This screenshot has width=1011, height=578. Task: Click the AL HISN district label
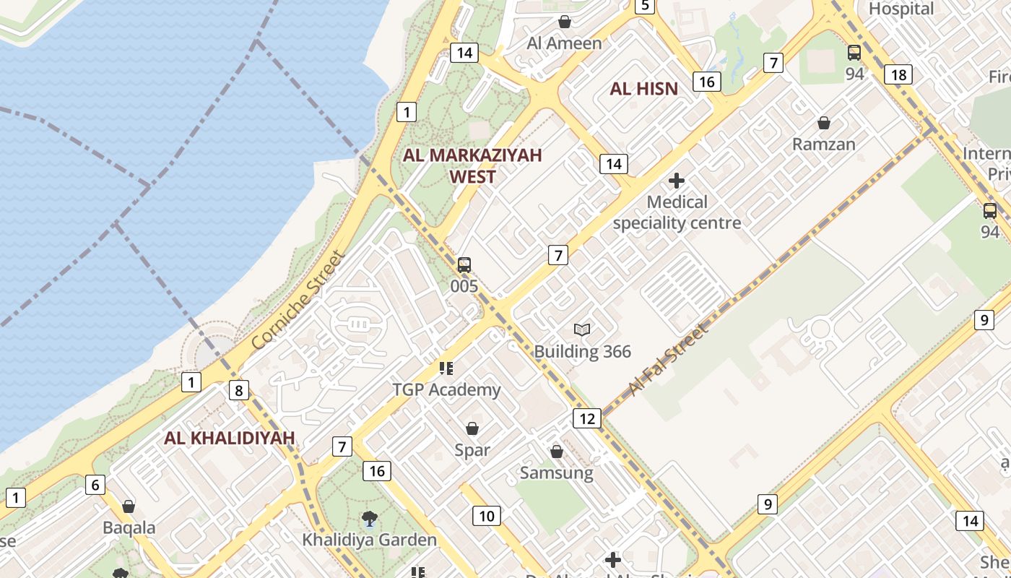coord(643,89)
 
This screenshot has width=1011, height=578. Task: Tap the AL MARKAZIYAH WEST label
coord(472,165)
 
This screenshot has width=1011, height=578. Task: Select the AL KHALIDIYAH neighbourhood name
coord(230,438)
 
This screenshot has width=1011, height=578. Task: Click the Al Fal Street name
coord(668,361)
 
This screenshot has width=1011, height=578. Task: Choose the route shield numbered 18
coord(898,74)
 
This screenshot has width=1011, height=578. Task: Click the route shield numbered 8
coord(238,391)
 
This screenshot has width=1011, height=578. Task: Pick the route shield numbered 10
coord(486,516)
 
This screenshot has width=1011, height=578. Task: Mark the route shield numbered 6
coord(95,484)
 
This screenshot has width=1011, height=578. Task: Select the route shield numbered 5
coord(644,7)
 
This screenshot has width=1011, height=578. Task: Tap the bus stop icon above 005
coord(464,265)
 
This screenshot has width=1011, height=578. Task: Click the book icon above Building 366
coord(582,330)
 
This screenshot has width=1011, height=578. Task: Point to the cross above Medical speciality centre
coord(677,181)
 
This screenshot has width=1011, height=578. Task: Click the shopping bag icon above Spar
coord(472,429)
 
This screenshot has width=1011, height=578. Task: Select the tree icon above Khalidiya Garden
coord(369,518)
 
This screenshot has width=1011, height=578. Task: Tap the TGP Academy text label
coord(446,390)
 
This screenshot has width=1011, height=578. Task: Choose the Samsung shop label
coord(557,473)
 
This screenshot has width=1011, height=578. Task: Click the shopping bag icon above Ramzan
coord(824,124)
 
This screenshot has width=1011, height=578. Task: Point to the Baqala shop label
coord(129,527)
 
